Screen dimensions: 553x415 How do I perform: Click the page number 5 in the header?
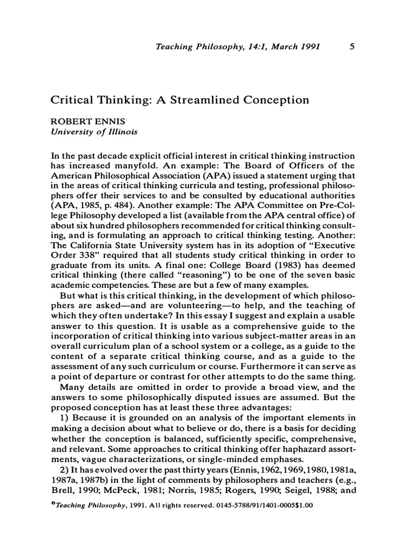[x=352, y=47]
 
